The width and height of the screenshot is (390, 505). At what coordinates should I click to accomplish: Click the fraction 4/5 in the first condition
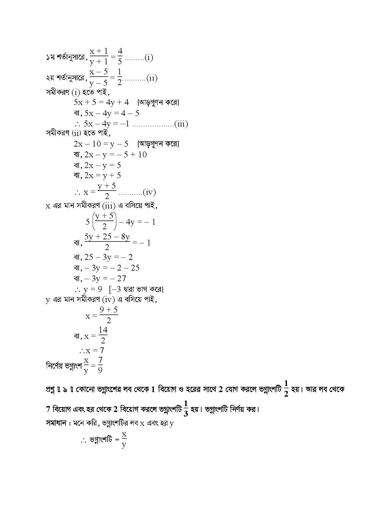[120, 56]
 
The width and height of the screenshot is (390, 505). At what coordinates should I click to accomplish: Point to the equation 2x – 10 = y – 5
[101, 144]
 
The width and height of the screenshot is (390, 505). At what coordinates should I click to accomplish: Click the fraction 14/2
[103, 335]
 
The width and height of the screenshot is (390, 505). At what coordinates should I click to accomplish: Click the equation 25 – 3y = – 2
[108, 257]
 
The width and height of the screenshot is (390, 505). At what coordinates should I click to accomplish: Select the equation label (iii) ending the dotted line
[181, 124]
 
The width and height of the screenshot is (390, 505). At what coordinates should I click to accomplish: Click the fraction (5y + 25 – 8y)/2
[107, 242]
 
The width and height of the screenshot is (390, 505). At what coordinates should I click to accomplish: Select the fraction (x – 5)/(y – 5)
[98, 77]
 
